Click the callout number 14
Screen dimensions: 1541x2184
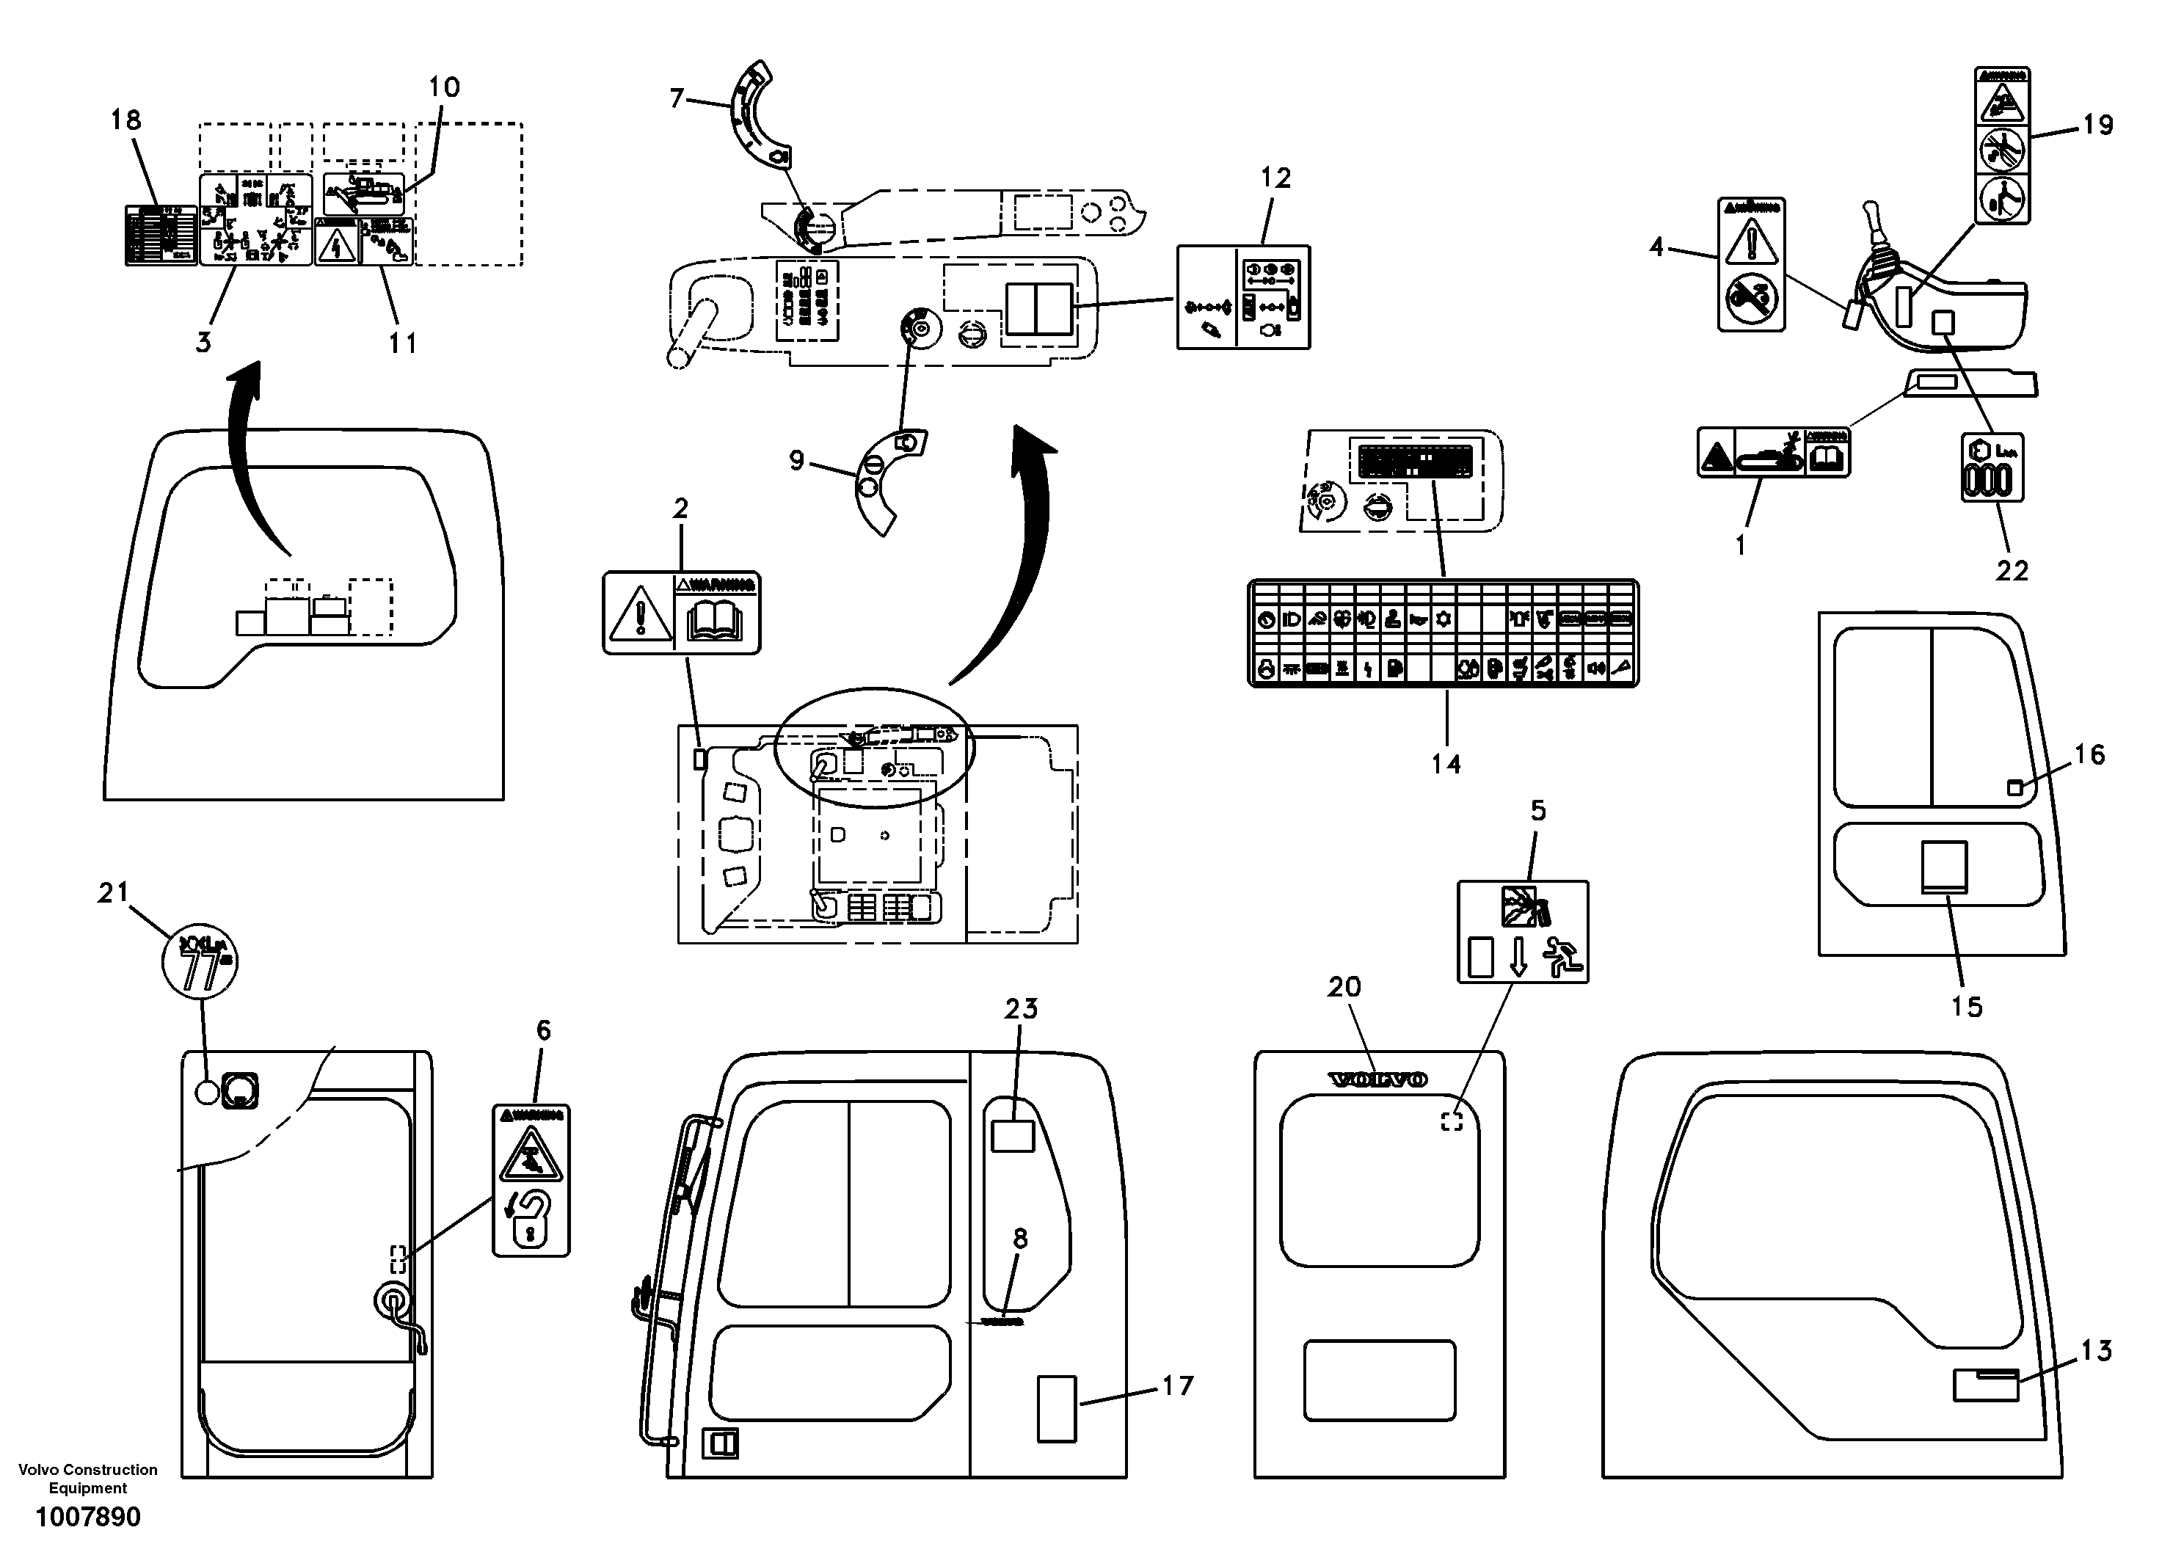[1445, 763]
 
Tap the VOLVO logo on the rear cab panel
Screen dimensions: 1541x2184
[1377, 1079]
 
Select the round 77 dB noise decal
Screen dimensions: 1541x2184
[200, 962]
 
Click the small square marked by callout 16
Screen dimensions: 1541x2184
[2014, 787]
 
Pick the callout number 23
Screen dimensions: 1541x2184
[1021, 1008]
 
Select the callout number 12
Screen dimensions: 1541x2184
[1275, 178]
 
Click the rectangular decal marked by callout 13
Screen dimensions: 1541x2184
[1985, 1385]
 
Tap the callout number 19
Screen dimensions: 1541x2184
[2097, 125]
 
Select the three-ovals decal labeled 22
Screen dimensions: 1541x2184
[1992, 469]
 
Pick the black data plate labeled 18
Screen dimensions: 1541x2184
[160, 234]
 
